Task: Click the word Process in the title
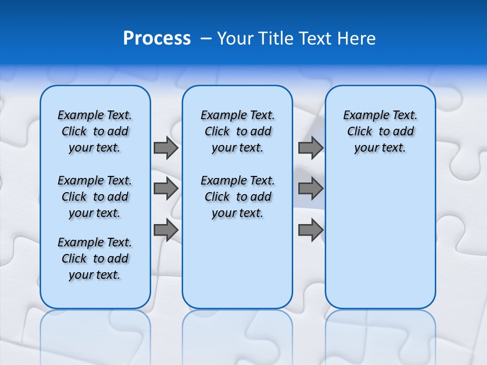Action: tap(157, 39)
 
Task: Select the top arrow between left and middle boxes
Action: tap(165, 148)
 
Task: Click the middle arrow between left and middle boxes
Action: tap(165, 189)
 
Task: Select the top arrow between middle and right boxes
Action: tap(310, 148)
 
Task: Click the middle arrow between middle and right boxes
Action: tap(310, 189)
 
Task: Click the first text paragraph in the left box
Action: tap(95, 131)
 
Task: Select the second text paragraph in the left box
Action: tap(95, 197)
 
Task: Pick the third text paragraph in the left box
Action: tap(95, 259)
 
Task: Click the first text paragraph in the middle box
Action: tap(237, 131)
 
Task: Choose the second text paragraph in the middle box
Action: tap(237, 197)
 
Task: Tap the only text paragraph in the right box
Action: tap(380, 131)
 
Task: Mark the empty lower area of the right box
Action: tap(380, 243)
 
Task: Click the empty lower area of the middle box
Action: tap(237, 264)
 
